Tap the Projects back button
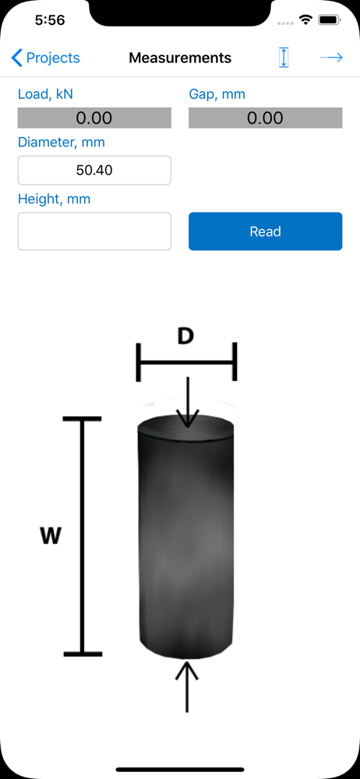pos(45,58)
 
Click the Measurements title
pos(180,58)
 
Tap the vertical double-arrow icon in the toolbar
pos(284,58)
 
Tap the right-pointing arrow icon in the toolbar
pos(331,58)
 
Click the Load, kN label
pos(45,94)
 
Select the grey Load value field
pos(94,118)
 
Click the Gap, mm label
pos(217,94)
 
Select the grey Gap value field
pos(266,118)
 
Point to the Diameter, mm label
pos(61,142)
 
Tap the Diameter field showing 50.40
pos(94,171)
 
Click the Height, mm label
pos(55,199)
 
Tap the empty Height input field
pos(94,231)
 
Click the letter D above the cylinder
pos(185,337)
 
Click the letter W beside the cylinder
pos(50,536)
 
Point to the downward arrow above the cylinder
pos(187,402)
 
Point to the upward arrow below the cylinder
pos(187,686)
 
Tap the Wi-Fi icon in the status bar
pos(305,20)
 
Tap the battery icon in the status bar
pos(328,20)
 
